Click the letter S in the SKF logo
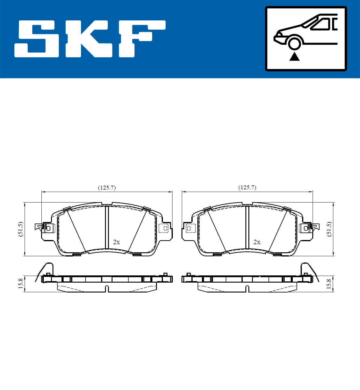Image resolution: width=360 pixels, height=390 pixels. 37,39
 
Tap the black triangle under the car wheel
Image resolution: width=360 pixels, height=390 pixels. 294,57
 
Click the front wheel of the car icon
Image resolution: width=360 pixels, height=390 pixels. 294,43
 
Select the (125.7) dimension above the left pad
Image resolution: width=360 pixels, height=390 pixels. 107,188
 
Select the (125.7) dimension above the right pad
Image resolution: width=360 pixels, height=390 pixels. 247,187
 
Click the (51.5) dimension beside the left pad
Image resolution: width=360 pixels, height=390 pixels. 21,229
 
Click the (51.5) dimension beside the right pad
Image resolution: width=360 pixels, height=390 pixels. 329,229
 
